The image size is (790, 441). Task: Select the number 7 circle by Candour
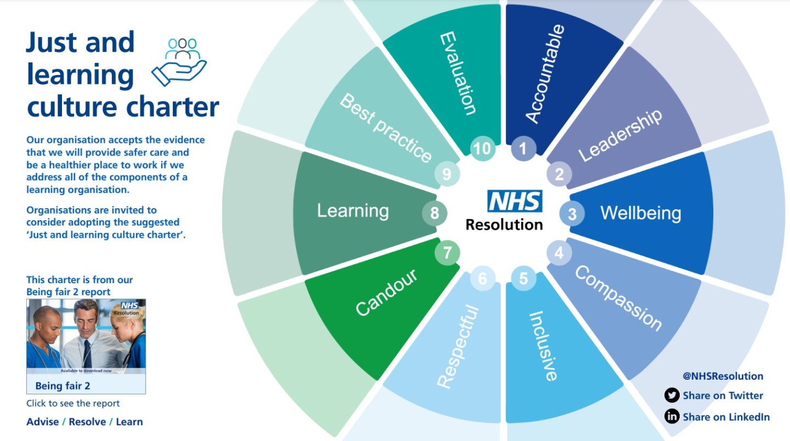(447, 253)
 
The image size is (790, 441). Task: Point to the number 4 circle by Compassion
(559, 253)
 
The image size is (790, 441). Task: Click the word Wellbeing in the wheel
(640, 213)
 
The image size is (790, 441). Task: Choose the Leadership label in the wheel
(620, 135)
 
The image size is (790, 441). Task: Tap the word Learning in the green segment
(353, 211)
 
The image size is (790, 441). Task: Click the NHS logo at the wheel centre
(515, 201)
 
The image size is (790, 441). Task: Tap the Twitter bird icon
(672, 396)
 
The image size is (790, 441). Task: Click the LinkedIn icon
(672, 417)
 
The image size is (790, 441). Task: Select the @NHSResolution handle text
(723, 376)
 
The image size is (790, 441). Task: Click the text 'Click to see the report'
(73, 403)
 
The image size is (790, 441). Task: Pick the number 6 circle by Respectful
(482, 279)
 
